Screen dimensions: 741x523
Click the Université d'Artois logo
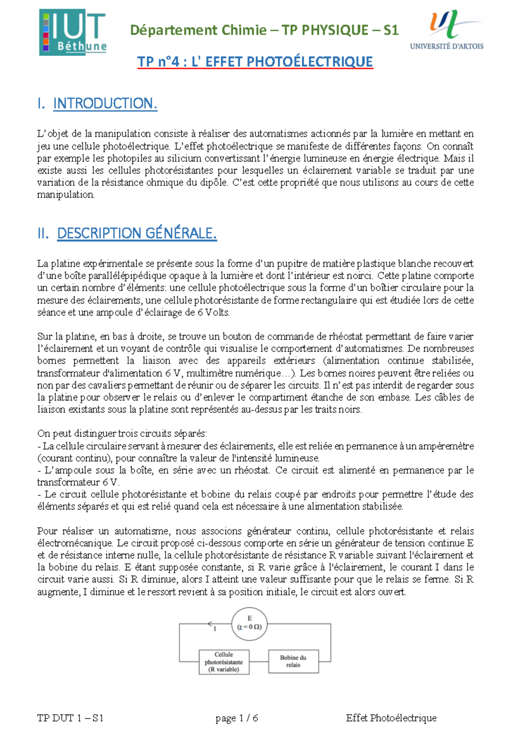pyautogui.click(x=447, y=30)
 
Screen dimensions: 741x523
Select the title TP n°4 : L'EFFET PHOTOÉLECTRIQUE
pyautogui.click(x=255, y=62)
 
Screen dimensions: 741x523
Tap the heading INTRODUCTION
pyautogui.click(x=105, y=103)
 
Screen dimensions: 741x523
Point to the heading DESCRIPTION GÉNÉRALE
pyautogui.click(x=136, y=233)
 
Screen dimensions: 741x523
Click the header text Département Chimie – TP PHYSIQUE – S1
pyautogui.click(x=264, y=30)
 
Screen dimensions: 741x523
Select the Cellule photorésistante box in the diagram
pyautogui.click(x=224, y=662)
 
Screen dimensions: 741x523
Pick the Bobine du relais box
pyautogui.click(x=293, y=661)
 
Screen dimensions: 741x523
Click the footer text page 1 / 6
pyautogui.click(x=237, y=718)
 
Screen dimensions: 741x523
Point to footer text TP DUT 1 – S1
pyautogui.click(x=70, y=718)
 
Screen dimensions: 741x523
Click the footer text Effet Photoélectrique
pyautogui.click(x=391, y=718)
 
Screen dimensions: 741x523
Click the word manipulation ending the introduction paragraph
pyautogui.click(x=65, y=195)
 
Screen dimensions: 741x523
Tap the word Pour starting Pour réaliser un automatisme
pyautogui.click(x=47, y=531)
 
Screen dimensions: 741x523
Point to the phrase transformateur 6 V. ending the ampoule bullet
pyautogui.click(x=78, y=482)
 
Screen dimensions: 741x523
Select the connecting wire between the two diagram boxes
pyautogui.click(x=258, y=662)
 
